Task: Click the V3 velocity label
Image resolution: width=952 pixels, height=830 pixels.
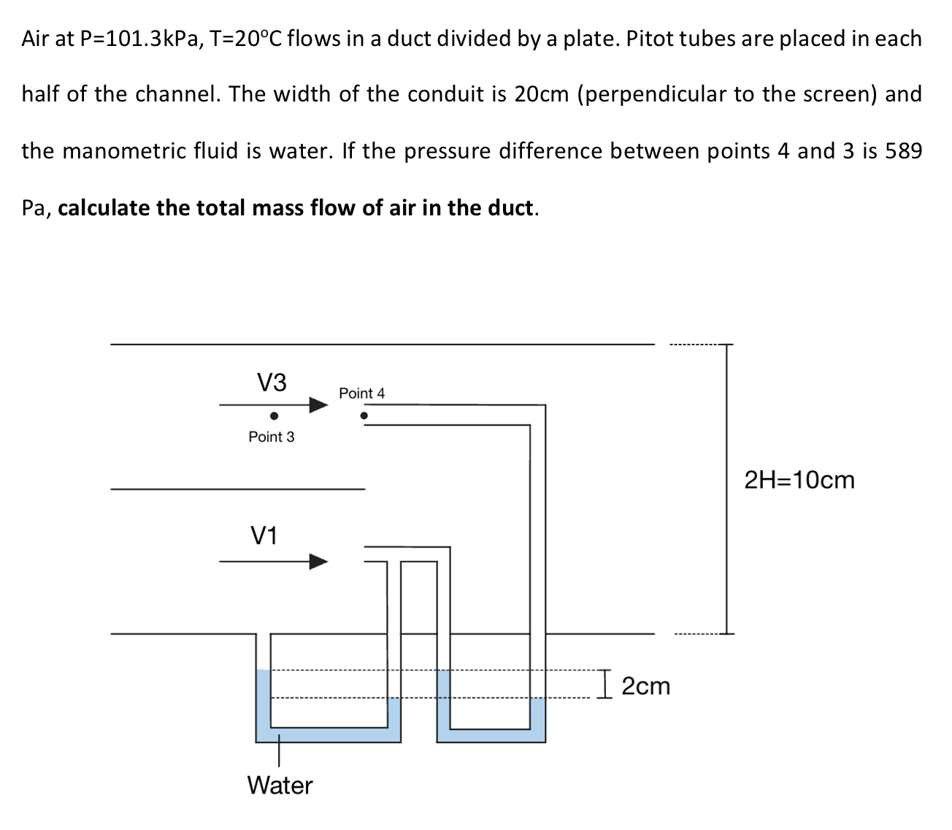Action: point(272,382)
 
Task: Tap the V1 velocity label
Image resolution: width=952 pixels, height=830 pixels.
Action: point(264,537)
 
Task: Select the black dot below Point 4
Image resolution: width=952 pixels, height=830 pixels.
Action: point(364,416)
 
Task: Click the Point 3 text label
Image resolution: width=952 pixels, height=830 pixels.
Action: point(272,437)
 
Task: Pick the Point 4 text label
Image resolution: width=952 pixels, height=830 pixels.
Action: point(361,393)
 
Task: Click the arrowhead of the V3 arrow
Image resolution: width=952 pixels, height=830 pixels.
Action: point(318,404)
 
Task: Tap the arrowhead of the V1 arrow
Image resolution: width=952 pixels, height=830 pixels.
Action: point(318,561)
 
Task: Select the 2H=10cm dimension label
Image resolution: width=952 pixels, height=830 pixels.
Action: point(799,480)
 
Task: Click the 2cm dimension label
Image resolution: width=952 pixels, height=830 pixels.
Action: point(646,686)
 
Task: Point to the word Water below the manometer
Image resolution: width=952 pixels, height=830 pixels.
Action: point(280,785)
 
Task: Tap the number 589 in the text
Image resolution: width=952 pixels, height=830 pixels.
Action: point(903,151)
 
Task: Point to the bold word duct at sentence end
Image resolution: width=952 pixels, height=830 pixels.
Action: point(510,208)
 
